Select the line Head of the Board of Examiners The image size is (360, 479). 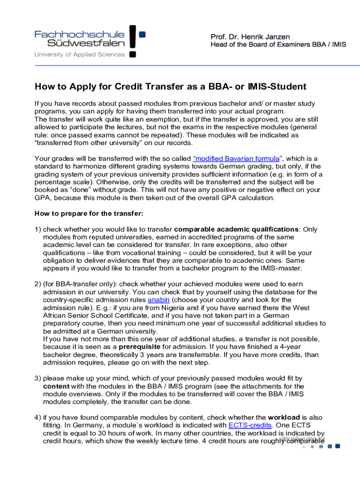coord(278,45)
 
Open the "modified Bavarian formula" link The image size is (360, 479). coord(236,158)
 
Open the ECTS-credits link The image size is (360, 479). coord(250,425)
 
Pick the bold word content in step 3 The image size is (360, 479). coord(56,386)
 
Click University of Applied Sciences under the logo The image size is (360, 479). coord(79,54)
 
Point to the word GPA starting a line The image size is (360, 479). coord(42,197)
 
